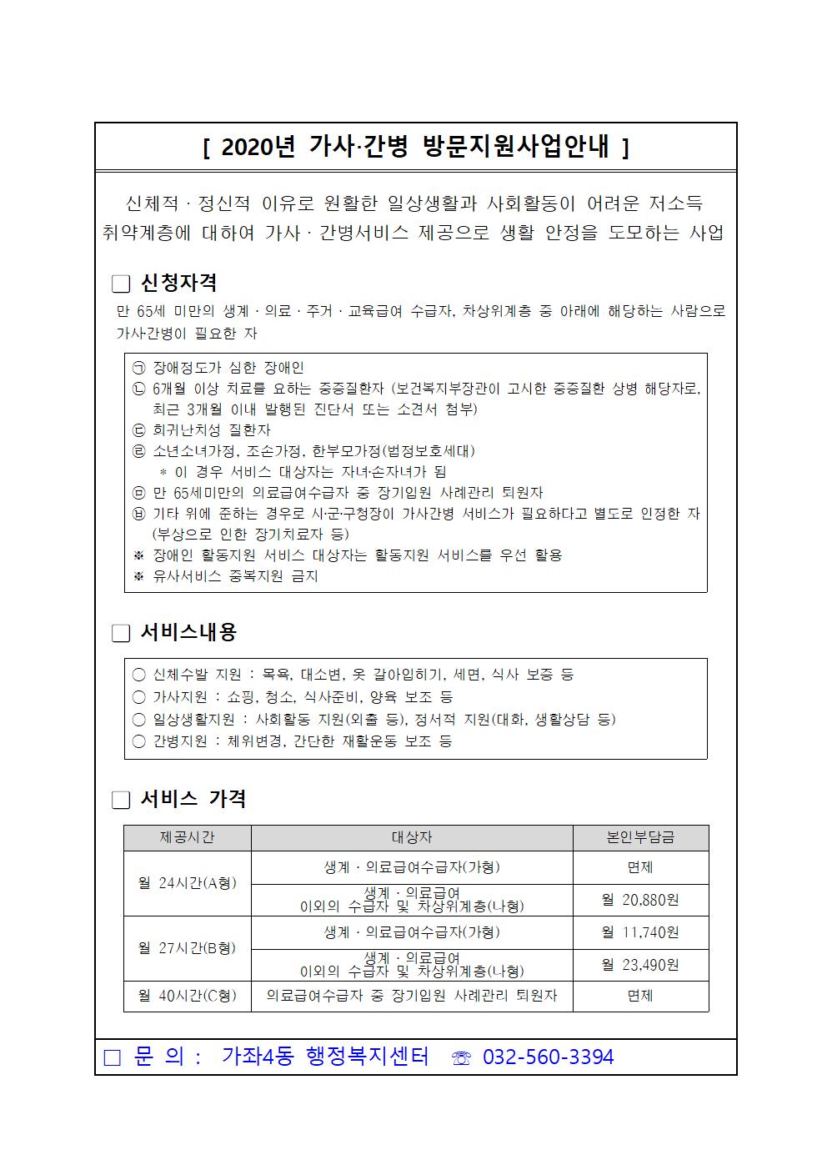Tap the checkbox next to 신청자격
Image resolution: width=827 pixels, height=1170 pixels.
click(x=121, y=284)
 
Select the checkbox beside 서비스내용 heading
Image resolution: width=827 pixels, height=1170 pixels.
click(x=121, y=634)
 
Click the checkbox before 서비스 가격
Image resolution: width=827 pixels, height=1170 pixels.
click(x=121, y=801)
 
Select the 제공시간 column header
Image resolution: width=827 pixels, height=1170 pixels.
click(x=187, y=837)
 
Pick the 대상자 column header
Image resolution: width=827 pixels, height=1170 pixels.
click(x=412, y=837)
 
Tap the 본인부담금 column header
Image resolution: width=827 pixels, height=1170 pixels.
click(x=640, y=837)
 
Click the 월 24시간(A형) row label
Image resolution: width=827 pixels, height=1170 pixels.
click(x=187, y=884)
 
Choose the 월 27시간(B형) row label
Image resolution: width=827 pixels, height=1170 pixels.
click(x=187, y=948)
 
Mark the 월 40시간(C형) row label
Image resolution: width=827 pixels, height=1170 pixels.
click(x=187, y=996)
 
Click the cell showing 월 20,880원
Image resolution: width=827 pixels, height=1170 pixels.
click(x=640, y=901)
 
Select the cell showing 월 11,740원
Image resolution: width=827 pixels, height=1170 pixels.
click(x=640, y=932)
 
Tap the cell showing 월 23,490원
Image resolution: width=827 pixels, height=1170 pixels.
click(x=640, y=965)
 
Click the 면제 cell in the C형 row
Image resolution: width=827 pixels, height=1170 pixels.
click(x=640, y=996)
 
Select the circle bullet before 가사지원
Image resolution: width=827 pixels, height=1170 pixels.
click(x=138, y=697)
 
